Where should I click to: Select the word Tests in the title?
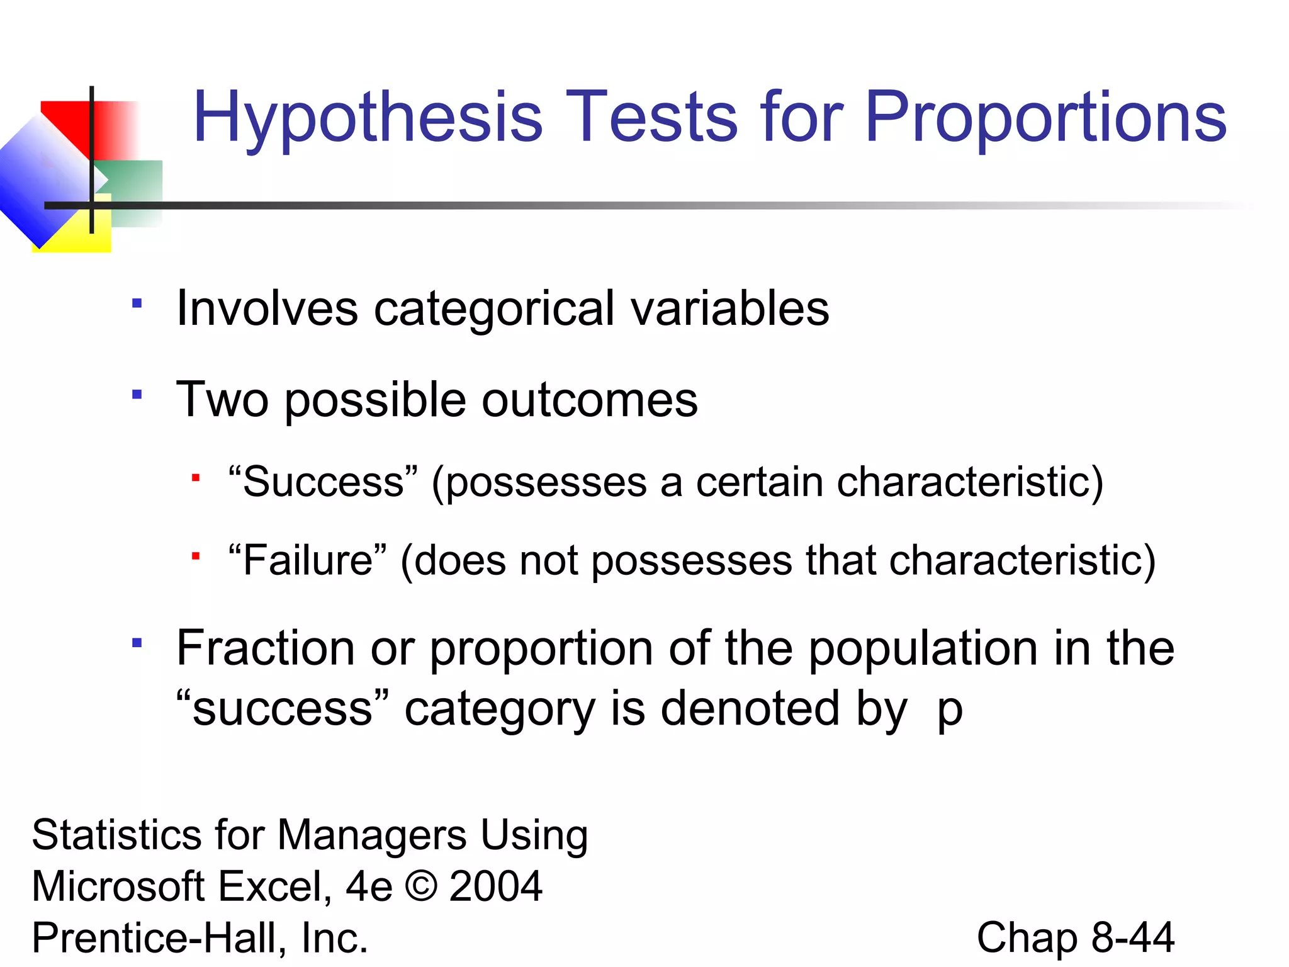[652, 117]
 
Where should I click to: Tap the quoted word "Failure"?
[308, 560]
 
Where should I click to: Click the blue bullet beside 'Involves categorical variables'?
[137, 303]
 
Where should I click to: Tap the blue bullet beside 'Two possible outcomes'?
[137, 395]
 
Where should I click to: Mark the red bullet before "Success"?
[196, 478]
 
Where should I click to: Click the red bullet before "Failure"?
[196, 557]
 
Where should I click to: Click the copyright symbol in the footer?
[420, 886]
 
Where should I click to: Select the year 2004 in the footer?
[495, 886]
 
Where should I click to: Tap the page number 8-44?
[1132, 937]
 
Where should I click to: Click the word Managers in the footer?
[372, 835]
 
